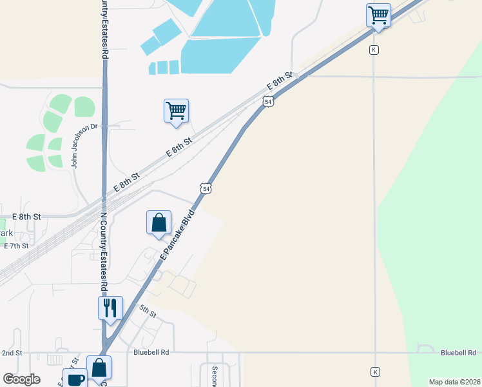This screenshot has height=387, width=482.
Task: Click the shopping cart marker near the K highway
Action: point(378,15)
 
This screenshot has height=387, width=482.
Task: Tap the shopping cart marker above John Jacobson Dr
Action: point(176,111)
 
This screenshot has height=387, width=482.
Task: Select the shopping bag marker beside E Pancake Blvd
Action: point(159,223)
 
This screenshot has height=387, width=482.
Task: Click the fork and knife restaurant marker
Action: point(110,308)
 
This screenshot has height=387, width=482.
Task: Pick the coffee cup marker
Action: point(75,379)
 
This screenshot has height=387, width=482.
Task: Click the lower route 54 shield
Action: point(205,188)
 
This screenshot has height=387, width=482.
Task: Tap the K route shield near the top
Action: point(374,50)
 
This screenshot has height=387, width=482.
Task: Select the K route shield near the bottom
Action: point(375,372)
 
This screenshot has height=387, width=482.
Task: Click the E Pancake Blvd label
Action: point(177,233)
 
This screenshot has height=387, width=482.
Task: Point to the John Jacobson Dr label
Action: point(75,145)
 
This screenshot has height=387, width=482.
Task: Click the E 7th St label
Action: point(16,246)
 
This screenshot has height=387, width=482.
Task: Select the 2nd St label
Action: point(12,353)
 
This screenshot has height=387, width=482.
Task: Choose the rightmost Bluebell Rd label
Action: point(458,353)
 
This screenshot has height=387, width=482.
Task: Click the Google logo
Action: point(22,379)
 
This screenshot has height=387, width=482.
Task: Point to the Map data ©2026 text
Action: point(454,382)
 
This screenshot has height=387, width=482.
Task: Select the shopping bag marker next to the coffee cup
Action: point(99,368)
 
